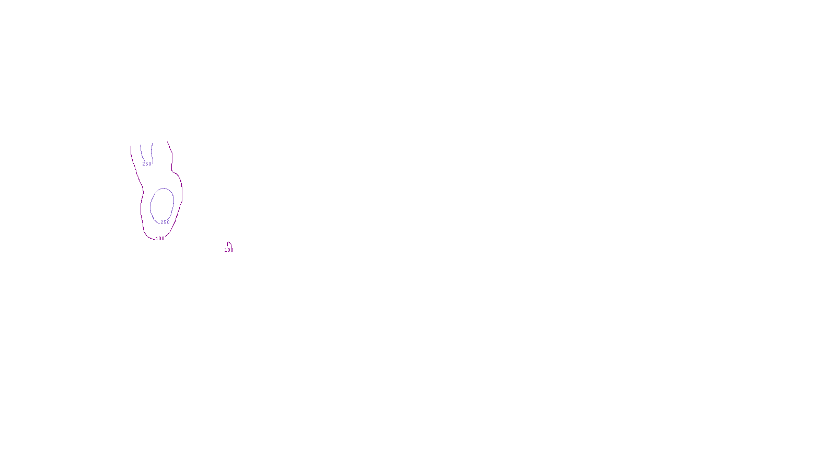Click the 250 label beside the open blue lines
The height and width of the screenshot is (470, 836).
(147, 164)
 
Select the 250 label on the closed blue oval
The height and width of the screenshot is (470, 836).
(165, 222)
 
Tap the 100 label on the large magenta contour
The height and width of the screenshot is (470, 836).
(160, 239)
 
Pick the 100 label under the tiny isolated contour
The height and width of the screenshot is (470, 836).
(229, 250)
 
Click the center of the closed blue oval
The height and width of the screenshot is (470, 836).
(162, 205)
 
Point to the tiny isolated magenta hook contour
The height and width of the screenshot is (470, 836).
(229, 244)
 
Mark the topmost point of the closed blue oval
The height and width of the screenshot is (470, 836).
(164, 189)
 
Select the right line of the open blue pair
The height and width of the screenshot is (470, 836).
(152, 151)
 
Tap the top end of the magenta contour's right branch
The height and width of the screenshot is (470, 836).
(168, 142)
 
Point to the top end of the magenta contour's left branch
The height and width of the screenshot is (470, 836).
(131, 146)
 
